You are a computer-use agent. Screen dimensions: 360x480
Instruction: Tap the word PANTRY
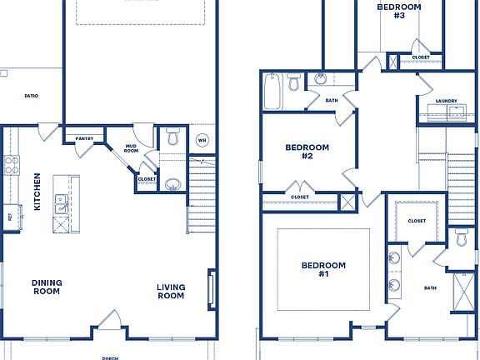click(84, 138)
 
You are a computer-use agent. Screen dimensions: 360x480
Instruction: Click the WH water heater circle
click(202, 140)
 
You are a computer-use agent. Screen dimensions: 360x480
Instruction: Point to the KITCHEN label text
click(37, 192)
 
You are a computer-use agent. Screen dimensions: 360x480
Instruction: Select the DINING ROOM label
click(47, 287)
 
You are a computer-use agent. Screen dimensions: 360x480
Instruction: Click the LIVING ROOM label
click(171, 292)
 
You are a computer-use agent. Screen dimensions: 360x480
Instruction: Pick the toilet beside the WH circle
click(173, 137)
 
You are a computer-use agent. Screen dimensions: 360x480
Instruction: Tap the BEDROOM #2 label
click(307, 152)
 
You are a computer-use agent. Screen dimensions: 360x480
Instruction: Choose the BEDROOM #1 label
click(323, 269)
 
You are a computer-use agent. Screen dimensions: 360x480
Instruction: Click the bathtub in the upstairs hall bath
click(273, 92)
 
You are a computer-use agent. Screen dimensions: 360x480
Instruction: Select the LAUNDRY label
click(446, 102)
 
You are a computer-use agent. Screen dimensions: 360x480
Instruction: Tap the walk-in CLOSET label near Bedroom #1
click(417, 222)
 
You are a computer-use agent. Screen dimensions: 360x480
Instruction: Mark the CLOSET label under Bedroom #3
click(421, 57)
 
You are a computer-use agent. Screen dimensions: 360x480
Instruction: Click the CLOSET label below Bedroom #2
click(300, 197)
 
